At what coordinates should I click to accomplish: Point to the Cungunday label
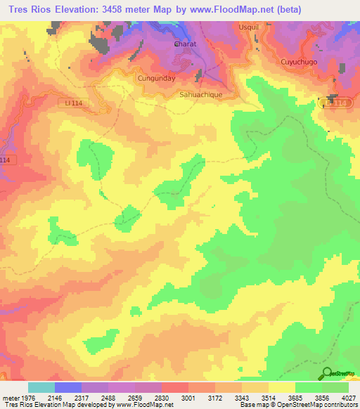[155, 78]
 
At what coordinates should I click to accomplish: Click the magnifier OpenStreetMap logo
[328, 373]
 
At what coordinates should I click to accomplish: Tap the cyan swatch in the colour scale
[41, 387]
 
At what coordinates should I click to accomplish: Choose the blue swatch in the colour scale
[68, 387]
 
